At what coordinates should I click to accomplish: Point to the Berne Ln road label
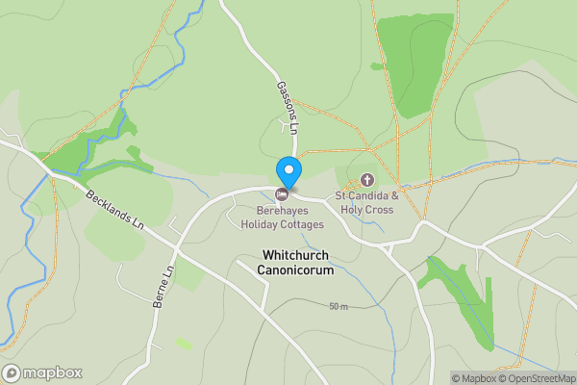pyautogui.click(x=163, y=287)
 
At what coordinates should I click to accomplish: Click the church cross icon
pyautogui.click(x=366, y=180)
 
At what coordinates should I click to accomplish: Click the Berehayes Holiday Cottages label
pyautogui.click(x=289, y=218)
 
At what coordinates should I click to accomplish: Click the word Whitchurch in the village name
pyautogui.click(x=294, y=255)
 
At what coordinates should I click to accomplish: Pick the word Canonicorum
pyautogui.click(x=294, y=270)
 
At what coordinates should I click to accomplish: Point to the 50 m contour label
pyautogui.click(x=338, y=307)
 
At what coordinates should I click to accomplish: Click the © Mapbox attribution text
pyautogui.click(x=476, y=378)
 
